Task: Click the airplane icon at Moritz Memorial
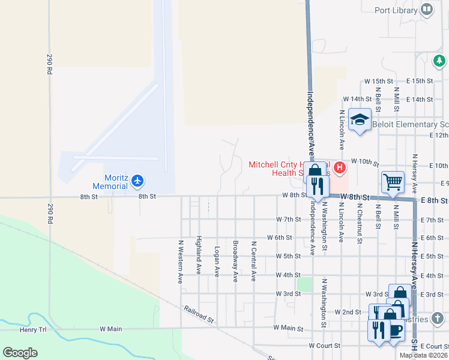coord(138,180)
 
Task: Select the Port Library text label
coord(396,10)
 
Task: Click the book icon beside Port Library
coord(427,9)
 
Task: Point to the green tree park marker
coord(439,61)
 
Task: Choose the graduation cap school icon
coord(360,119)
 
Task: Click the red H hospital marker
coord(340,167)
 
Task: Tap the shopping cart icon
coord(393,181)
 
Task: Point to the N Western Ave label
coord(180,262)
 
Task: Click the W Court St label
coord(325,346)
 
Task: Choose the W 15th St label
coord(379,81)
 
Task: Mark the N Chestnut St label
coord(359,223)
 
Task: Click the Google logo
coord(20,353)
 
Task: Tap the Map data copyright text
coord(424,355)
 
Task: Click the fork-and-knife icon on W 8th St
coord(318,186)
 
